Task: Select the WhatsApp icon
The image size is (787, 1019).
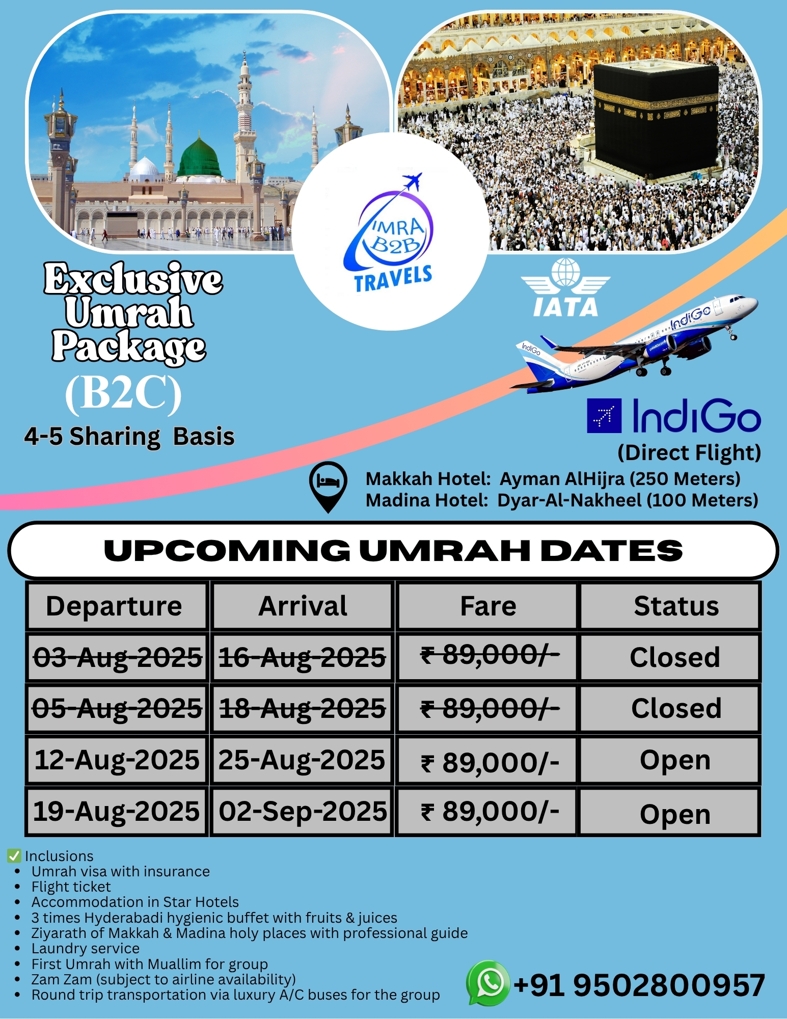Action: pyautogui.click(x=487, y=983)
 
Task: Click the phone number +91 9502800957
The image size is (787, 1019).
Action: pyautogui.click(x=639, y=984)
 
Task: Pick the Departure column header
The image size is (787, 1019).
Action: pyautogui.click(x=114, y=606)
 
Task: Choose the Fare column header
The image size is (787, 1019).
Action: pyautogui.click(x=488, y=606)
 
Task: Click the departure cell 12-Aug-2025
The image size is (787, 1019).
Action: pyautogui.click(x=117, y=760)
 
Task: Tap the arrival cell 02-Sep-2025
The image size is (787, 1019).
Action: pyautogui.click(x=303, y=811)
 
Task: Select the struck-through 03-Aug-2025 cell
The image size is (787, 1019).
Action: pyautogui.click(x=117, y=657)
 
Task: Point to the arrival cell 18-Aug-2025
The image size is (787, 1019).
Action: pyautogui.click(x=303, y=708)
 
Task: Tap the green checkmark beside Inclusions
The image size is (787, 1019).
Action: pyautogui.click(x=14, y=855)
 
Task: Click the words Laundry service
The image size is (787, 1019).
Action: pyautogui.click(x=86, y=948)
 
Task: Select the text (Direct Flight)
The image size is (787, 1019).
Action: pyautogui.click(x=689, y=453)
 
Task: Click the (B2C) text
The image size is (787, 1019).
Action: pyautogui.click(x=124, y=393)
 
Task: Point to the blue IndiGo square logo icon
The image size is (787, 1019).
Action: pyautogui.click(x=604, y=416)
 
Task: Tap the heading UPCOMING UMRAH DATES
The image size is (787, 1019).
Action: pyautogui.click(x=393, y=550)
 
